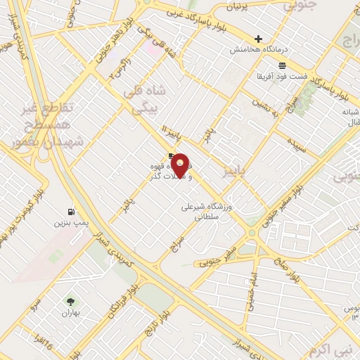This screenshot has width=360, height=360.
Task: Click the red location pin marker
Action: (x=181, y=165)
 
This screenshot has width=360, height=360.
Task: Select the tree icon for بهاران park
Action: (x=70, y=301)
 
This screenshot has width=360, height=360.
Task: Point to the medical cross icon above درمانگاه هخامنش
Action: (x=258, y=39)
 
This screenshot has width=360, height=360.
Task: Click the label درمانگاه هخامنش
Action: (x=259, y=50)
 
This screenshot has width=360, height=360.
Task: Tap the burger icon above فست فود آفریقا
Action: (x=281, y=64)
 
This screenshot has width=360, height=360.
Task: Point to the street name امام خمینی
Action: (x=247, y=288)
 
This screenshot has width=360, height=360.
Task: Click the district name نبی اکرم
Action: (x=327, y=349)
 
